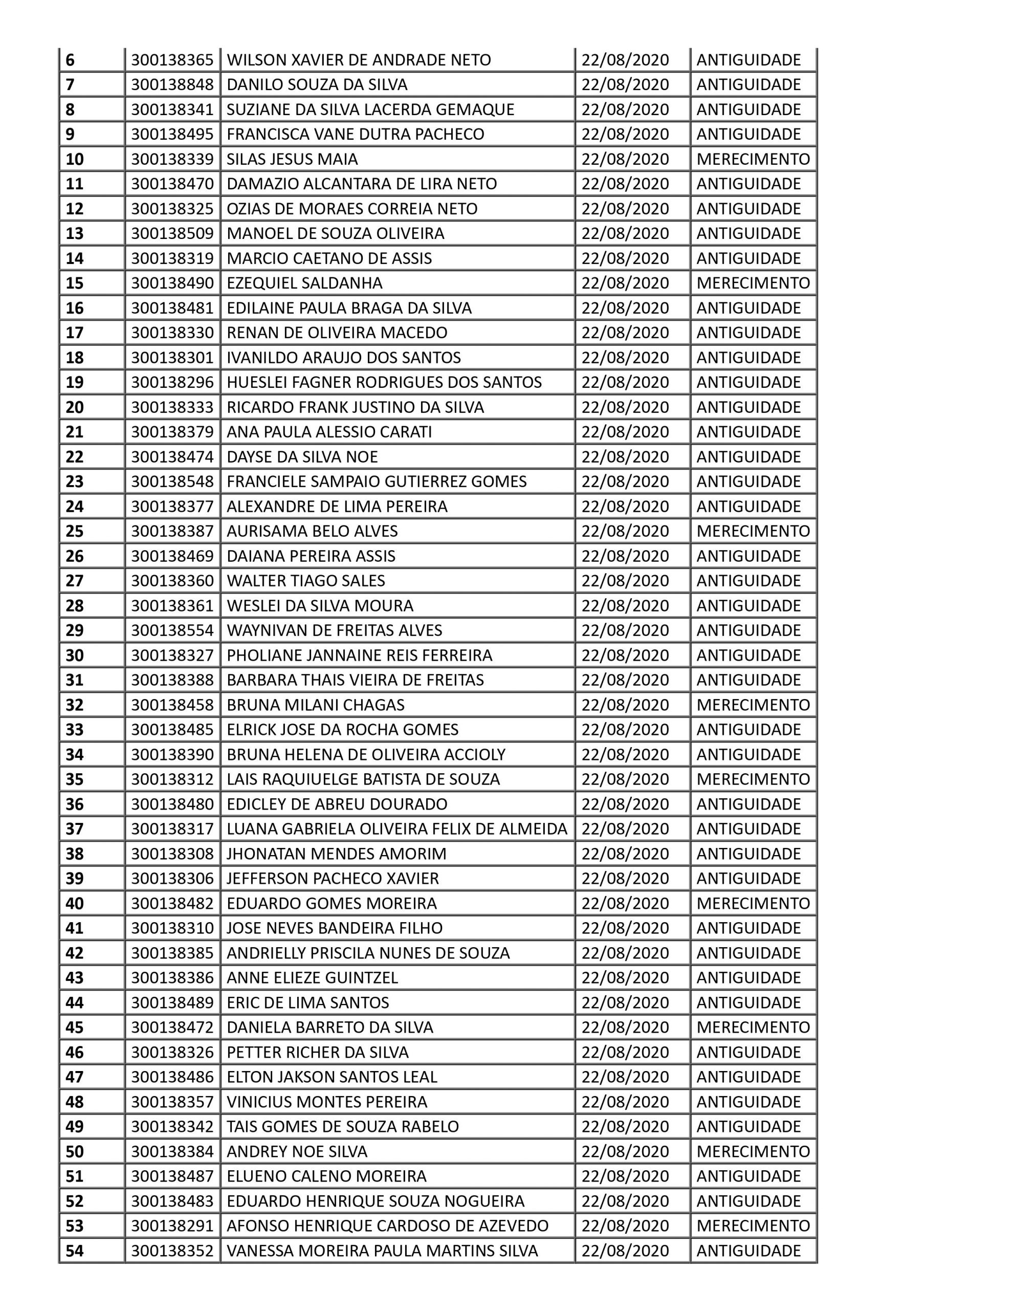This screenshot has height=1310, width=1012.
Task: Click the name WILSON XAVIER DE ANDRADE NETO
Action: click(x=358, y=60)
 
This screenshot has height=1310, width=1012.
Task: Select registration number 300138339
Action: click(x=172, y=159)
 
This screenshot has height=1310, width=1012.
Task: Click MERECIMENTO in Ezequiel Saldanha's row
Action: click(x=753, y=283)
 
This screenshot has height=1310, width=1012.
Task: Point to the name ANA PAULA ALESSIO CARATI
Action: click(x=329, y=432)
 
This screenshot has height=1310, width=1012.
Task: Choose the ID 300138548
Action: click(x=172, y=482)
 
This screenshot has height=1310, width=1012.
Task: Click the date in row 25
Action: click(x=625, y=532)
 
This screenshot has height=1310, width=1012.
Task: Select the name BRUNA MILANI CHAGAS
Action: click(x=315, y=705)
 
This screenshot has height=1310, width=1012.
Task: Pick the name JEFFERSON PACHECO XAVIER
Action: click(x=333, y=879)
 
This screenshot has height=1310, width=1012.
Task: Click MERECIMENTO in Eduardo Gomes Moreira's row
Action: click(x=753, y=903)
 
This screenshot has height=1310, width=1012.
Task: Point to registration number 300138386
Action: click(x=172, y=978)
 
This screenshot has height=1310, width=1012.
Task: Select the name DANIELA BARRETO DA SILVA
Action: click(x=329, y=1028)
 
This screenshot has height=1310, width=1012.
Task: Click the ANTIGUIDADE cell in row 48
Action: click(x=748, y=1102)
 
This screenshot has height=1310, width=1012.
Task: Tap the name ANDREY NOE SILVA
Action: click(x=296, y=1152)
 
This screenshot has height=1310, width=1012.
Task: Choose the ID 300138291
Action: click(x=172, y=1226)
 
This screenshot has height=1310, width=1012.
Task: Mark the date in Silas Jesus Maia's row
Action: click(x=625, y=159)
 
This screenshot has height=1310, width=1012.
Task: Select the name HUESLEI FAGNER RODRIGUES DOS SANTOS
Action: click(x=384, y=382)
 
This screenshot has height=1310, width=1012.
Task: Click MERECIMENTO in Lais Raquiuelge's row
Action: click(x=753, y=779)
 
